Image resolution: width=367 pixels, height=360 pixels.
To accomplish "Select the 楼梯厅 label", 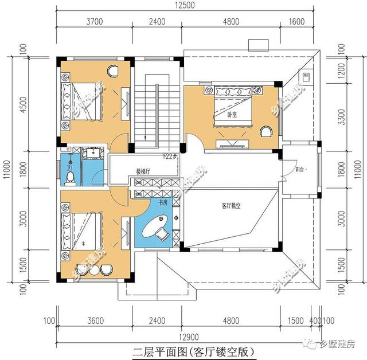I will (143, 171).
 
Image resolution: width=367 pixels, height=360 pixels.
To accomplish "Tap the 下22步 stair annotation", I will (170, 156).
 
